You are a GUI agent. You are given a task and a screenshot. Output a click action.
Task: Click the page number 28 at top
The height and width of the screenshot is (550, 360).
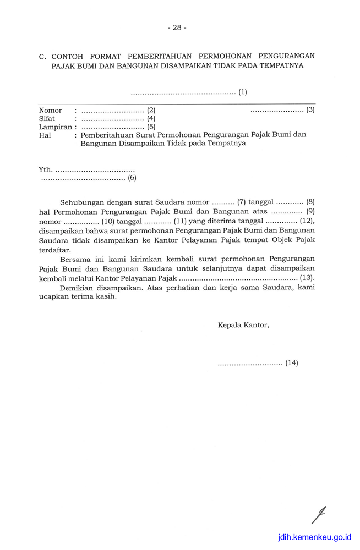[177, 28]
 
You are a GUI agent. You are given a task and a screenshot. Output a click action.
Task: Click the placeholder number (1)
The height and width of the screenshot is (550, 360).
[242, 92]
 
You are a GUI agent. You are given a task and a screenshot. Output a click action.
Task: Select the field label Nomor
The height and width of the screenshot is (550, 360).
[50, 110]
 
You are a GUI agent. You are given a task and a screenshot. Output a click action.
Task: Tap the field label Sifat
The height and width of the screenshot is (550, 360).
[47, 118]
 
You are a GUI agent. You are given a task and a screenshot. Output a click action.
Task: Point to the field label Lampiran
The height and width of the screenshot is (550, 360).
[54, 127]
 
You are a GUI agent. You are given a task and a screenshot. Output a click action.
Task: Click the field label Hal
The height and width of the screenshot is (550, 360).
[45, 135]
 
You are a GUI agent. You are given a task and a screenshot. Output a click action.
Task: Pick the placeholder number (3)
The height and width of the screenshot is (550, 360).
[310, 109]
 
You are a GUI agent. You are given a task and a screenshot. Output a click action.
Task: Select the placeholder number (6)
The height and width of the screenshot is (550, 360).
[132, 178]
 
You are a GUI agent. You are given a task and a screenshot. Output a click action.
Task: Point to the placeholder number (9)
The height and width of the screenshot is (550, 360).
[310, 211]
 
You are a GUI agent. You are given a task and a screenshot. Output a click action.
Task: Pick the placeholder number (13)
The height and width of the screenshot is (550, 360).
[307, 278]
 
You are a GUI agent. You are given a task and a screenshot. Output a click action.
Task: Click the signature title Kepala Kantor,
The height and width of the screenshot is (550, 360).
[243, 325]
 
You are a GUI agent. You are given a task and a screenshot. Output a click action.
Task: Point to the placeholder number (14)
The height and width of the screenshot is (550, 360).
[291, 363]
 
